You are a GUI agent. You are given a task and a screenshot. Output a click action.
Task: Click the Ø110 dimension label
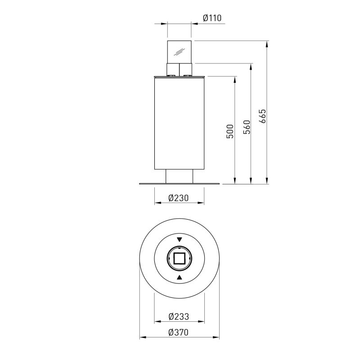coord(212,18)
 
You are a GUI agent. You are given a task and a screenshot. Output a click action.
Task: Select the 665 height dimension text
coord(263,116)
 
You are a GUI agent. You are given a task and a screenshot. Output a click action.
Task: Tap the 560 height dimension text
coord(247,127)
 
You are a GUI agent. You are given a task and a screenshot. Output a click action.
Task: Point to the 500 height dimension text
coord(230,131)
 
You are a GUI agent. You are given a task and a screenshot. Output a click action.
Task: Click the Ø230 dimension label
coord(178,198)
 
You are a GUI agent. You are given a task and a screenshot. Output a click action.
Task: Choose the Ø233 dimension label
coord(179,317)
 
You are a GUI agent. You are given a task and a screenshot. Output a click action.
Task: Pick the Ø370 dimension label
coord(178,332)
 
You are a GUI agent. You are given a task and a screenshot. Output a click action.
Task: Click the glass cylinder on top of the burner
coord(179,52)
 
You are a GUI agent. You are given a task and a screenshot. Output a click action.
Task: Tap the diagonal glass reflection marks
coord(179,52)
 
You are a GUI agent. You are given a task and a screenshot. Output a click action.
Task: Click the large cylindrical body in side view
coord(179,124)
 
